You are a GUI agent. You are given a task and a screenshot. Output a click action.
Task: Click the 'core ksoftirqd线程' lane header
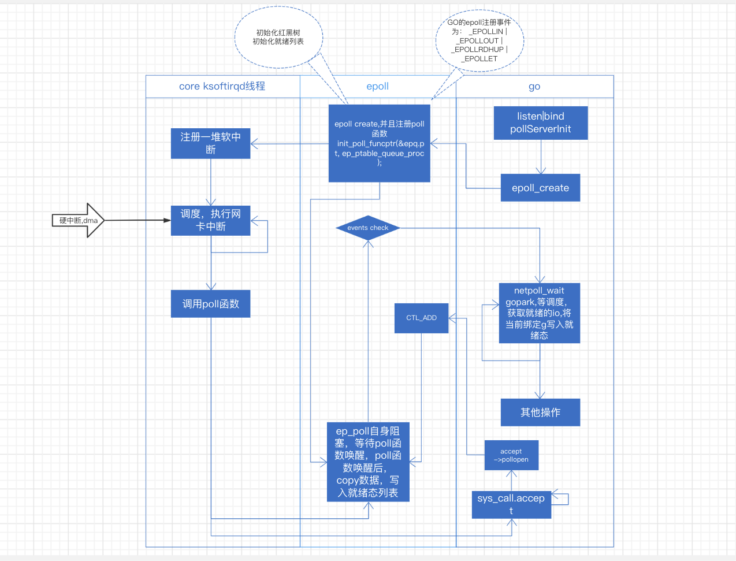[x=222, y=86]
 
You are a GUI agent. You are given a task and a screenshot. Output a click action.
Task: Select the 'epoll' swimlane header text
[x=378, y=86]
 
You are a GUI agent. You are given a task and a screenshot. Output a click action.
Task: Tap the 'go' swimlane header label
[x=534, y=87]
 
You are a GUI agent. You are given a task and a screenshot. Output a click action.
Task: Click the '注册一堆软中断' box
[x=210, y=143]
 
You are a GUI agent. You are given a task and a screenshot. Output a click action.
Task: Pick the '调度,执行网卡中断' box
[x=210, y=220]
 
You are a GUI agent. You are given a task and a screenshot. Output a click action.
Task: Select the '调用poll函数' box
[x=210, y=304]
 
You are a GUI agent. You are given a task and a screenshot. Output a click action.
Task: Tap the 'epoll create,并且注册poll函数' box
[x=379, y=143]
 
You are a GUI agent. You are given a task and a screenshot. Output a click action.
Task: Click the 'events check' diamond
[x=368, y=228]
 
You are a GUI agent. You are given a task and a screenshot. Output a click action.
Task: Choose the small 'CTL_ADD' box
[x=421, y=318]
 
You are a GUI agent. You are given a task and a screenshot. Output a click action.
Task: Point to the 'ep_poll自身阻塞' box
[x=368, y=462]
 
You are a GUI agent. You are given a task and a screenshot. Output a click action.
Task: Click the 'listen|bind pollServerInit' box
[x=541, y=122]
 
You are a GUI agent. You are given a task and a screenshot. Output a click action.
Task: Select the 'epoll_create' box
[x=540, y=188]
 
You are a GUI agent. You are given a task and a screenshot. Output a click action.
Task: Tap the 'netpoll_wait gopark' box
[x=539, y=313]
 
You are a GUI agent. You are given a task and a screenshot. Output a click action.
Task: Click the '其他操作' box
[x=540, y=413]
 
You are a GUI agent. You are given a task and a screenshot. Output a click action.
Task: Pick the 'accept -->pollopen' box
[x=511, y=455]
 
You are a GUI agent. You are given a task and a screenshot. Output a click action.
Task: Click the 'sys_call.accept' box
[x=511, y=504]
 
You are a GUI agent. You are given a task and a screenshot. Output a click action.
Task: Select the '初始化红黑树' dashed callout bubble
[x=278, y=38]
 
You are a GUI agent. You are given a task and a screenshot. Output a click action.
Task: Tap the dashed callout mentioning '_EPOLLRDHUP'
[x=479, y=40]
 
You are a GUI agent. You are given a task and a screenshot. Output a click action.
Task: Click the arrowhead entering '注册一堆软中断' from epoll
[x=254, y=143]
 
